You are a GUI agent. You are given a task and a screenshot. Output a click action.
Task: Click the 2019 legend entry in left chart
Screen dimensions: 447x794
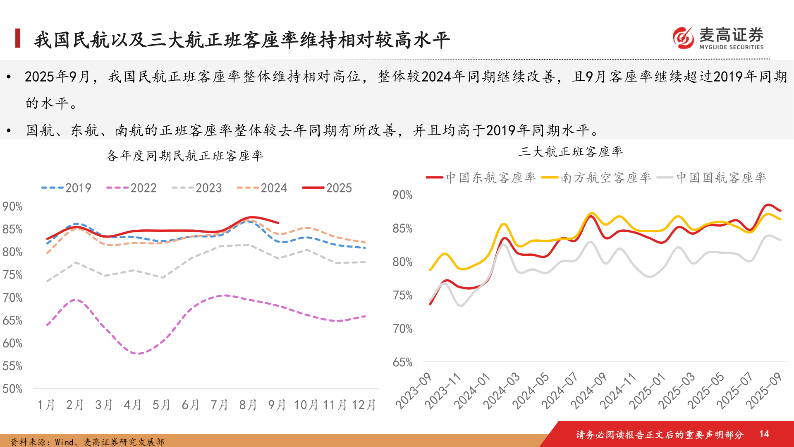[67, 188]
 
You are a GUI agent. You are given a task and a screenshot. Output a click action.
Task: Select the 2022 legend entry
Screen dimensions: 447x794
[132, 188]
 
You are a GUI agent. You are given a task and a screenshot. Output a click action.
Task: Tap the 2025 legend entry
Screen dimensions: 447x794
[327, 188]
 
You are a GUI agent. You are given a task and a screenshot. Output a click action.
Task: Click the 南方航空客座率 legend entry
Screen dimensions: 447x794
[596, 178]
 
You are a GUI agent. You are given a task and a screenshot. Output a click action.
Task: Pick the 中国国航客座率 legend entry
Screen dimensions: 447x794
[712, 178]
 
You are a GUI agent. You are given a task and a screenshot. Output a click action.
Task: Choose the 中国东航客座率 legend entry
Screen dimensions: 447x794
[481, 178]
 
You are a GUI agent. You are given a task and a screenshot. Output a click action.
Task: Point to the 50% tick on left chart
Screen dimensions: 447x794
[12, 389]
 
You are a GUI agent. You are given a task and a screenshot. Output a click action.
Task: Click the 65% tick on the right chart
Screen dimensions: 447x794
[402, 363]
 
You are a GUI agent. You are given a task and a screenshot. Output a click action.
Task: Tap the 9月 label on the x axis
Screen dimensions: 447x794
[277, 405]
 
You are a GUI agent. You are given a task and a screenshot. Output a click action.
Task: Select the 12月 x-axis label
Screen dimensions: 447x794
[364, 405]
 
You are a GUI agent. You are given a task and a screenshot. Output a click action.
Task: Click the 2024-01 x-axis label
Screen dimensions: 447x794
[472, 391]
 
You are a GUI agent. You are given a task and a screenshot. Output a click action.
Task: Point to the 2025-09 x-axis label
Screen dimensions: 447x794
[764, 391]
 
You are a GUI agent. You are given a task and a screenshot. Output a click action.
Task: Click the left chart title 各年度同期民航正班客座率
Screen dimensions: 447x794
[185, 156]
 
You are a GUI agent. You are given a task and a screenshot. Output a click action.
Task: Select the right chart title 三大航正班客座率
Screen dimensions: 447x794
[571, 151]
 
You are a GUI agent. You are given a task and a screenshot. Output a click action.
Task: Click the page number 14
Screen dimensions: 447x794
[764, 434]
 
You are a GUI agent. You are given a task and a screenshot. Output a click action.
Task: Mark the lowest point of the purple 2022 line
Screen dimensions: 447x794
[138, 353]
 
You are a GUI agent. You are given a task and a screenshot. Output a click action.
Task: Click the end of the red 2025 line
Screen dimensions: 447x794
[278, 223]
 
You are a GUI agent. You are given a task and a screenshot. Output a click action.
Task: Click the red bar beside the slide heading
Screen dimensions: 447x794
[18, 38]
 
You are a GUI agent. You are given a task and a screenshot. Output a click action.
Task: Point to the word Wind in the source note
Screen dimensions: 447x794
[64, 442]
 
